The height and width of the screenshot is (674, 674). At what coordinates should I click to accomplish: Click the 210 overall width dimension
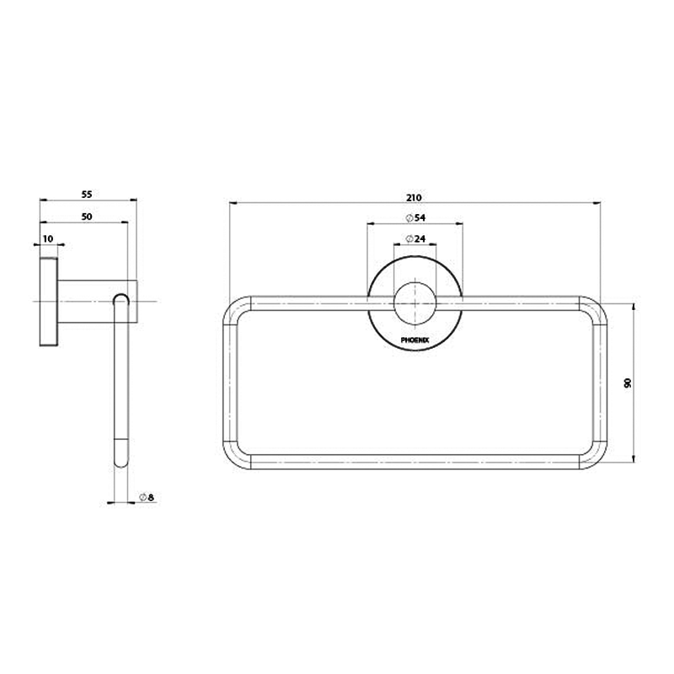pos(413,197)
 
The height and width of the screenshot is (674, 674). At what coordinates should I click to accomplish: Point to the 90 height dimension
pos(627,382)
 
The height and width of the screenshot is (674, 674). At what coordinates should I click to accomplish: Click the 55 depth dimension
pos(87,194)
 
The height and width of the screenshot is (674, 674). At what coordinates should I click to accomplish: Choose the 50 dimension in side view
pos(87,217)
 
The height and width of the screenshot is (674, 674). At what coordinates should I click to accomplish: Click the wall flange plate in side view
pos(48,301)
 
